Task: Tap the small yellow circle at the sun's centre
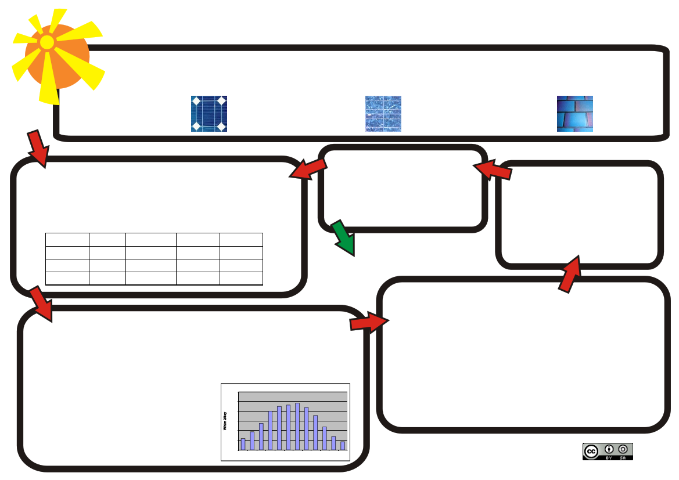47,42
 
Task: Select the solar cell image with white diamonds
209,114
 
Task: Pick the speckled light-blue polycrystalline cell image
383,114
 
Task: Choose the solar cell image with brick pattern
575,114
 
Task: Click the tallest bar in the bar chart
297,426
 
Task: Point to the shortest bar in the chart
343,446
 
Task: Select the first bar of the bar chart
243,444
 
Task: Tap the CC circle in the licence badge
591,451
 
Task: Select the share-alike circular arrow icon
623,449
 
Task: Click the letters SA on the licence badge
623,457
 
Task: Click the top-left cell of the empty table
67,239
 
